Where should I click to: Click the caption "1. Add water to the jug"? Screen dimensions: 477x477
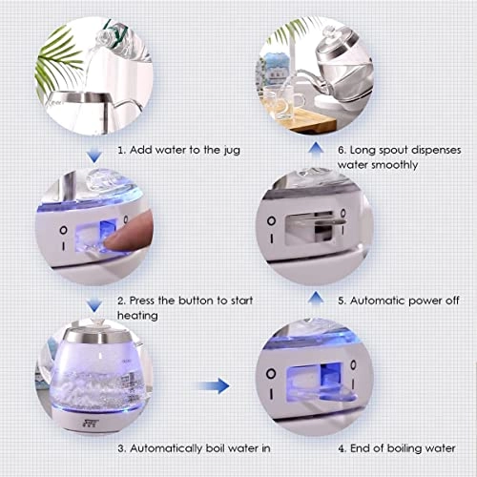coord(179,150)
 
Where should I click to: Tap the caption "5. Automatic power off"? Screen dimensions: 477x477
coord(399,301)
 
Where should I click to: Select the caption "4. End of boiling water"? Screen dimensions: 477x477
coord(397,448)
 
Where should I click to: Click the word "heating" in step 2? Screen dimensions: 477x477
coord(137,316)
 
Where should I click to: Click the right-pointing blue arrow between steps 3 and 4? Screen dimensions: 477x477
coord(213,386)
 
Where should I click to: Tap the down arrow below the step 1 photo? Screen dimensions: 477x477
coord(94,156)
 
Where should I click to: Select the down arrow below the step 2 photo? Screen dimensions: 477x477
coord(94,304)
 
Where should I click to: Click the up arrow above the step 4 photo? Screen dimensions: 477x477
coord(316,298)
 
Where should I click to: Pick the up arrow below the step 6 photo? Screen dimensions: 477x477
coord(316,148)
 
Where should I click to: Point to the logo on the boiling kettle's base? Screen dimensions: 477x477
coord(92,424)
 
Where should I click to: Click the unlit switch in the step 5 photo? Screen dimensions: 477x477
coord(315,227)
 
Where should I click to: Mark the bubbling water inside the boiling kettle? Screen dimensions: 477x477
coord(95,388)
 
